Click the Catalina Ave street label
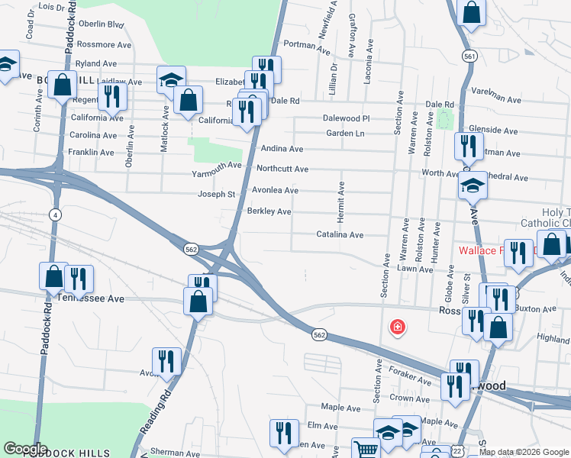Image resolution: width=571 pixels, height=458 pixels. click(x=340, y=235)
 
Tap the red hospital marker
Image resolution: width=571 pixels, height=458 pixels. click(x=398, y=327)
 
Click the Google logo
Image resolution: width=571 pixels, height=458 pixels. click(x=25, y=449)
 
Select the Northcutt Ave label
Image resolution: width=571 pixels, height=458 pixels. click(x=282, y=169)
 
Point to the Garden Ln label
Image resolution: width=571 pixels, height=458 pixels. click(x=345, y=133)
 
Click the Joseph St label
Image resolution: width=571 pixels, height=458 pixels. click(x=216, y=194)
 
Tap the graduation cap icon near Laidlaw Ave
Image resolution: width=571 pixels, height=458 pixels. click(x=172, y=79)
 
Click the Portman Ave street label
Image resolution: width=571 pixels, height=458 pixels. click(x=306, y=44)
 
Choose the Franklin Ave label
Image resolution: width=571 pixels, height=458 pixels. click(x=91, y=152)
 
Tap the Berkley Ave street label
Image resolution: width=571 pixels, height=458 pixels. click(x=269, y=211)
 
